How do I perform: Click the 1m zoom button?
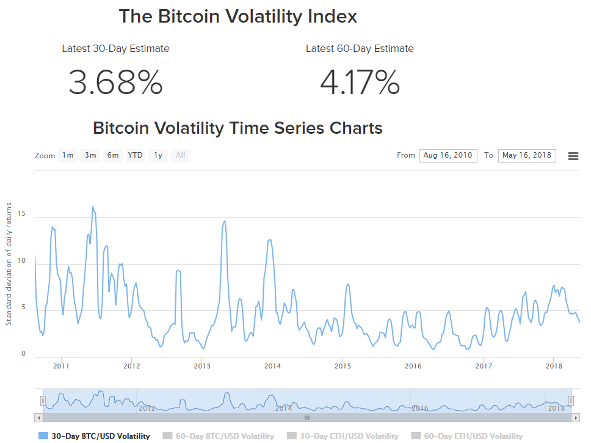pyautogui.click(x=68, y=155)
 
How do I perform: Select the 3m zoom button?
pyautogui.click(x=90, y=155)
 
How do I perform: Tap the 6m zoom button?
pyautogui.click(x=113, y=155)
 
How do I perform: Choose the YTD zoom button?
pyautogui.click(x=135, y=155)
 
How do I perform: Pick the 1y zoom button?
pyautogui.click(x=158, y=155)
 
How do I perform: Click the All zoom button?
pyautogui.click(x=181, y=155)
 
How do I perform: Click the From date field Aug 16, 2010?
pyautogui.click(x=448, y=155)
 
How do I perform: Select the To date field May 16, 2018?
pyautogui.click(x=527, y=155)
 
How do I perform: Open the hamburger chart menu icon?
pyautogui.click(x=573, y=156)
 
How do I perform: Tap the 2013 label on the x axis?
pyautogui.click(x=202, y=366)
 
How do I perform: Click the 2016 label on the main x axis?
pyautogui.click(x=413, y=366)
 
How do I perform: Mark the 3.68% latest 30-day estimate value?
pyautogui.click(x=115, y=82)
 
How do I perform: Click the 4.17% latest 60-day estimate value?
pyautogui.click(x=360, y=82)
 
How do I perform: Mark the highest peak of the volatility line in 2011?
pyautogui.click(x=93, y=207)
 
